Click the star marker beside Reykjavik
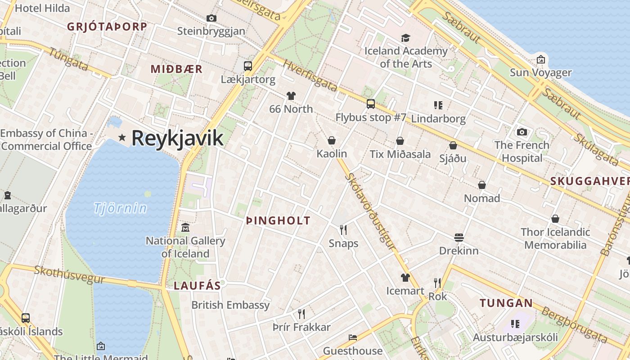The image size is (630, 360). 121,137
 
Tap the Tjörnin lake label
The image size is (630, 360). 120,208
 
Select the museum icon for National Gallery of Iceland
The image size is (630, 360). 185,228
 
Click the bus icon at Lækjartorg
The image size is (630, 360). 247,66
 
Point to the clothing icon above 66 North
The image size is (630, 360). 291,96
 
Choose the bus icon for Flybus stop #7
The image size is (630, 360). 371,104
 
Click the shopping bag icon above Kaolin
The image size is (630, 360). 332,140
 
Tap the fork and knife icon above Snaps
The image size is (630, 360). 343,230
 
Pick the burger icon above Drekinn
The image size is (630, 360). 459,237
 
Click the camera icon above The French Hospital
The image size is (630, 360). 522,132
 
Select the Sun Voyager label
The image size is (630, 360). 540,72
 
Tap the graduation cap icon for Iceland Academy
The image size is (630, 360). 406,38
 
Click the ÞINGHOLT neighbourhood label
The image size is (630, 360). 279,220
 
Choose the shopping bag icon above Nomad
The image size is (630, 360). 482,185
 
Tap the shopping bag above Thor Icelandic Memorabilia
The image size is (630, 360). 555,219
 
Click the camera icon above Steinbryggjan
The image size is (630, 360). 211,18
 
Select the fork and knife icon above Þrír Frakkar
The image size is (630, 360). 301,314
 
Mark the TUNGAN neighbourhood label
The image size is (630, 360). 506,303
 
